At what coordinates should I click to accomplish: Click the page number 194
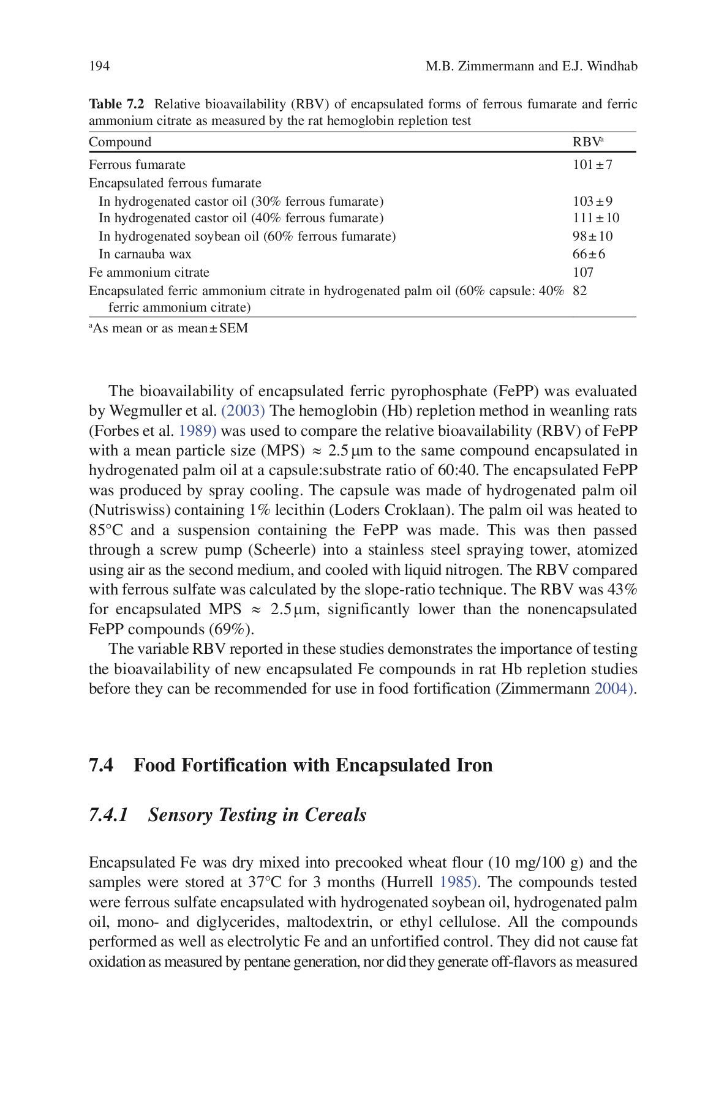coord(99,66)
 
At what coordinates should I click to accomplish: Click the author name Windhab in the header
coord(612,66)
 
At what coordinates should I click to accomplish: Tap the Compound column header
coord(120,142)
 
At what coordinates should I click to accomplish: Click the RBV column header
coord(587,142)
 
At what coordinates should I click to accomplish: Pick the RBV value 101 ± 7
coord(592,165)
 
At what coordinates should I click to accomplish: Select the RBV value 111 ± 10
coord(596,218)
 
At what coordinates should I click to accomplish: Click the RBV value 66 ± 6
coord(589,254)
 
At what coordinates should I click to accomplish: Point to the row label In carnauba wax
coord(145,254)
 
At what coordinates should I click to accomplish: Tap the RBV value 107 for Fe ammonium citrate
coord(583,272)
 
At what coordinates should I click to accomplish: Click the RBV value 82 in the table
coord(579,291)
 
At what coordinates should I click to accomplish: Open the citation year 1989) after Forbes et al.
coord(197,431)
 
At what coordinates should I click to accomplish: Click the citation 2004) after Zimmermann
coord(614,689)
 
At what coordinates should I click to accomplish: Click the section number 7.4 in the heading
coord(101,765)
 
